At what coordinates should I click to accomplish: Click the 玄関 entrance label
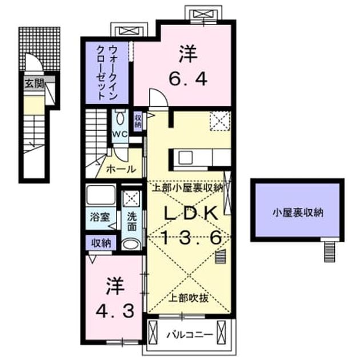tap(34, 84)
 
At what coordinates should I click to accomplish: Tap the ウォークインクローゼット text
tap(107, 73)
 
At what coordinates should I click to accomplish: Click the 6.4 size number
tap(188, 79)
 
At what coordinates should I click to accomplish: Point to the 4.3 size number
tap(115, 311)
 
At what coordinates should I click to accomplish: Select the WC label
tap(120, 134)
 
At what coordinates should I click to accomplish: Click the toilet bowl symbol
tap(120, 118)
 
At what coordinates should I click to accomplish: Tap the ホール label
tap(121, 170)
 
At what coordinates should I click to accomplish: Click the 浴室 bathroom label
tap(100, 217)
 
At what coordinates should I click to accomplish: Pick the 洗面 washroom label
tap(132, 221)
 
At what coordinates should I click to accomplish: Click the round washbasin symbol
tap(130, 245)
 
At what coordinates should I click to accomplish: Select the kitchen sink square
tap(186, 158)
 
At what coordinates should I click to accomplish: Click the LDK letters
tap(190, 213)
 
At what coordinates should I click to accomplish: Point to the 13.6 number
tap(191, 237)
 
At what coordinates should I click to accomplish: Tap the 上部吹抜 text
tap(189, 298)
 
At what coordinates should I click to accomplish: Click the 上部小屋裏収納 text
tap(188, 188)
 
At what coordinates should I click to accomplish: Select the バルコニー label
tap(190, 335)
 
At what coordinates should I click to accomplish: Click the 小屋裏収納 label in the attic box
tap(298, 213)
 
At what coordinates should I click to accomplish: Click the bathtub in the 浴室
tap(101, 195)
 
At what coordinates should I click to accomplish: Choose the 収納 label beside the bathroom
tap(101, 243)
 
